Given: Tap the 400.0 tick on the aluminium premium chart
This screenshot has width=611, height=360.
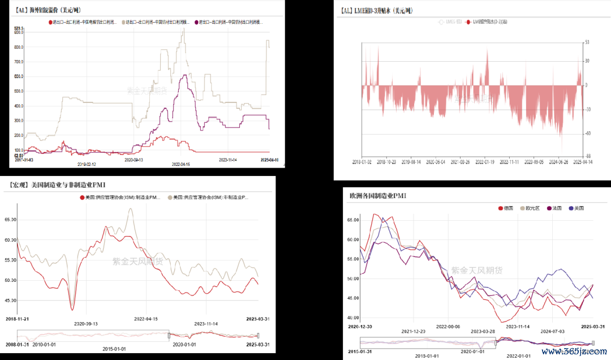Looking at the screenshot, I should (x=18, y=106).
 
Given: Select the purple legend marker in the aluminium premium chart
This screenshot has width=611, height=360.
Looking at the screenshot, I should (x=196, y=22).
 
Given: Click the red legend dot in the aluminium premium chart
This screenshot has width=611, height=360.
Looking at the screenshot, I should (x=51, y=22).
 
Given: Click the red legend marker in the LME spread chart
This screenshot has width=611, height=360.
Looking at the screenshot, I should (x=468, y=22).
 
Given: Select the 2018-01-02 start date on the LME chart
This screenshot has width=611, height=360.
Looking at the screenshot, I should (x=363, y=161).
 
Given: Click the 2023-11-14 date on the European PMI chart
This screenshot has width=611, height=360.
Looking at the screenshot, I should (x=518, y=326).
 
